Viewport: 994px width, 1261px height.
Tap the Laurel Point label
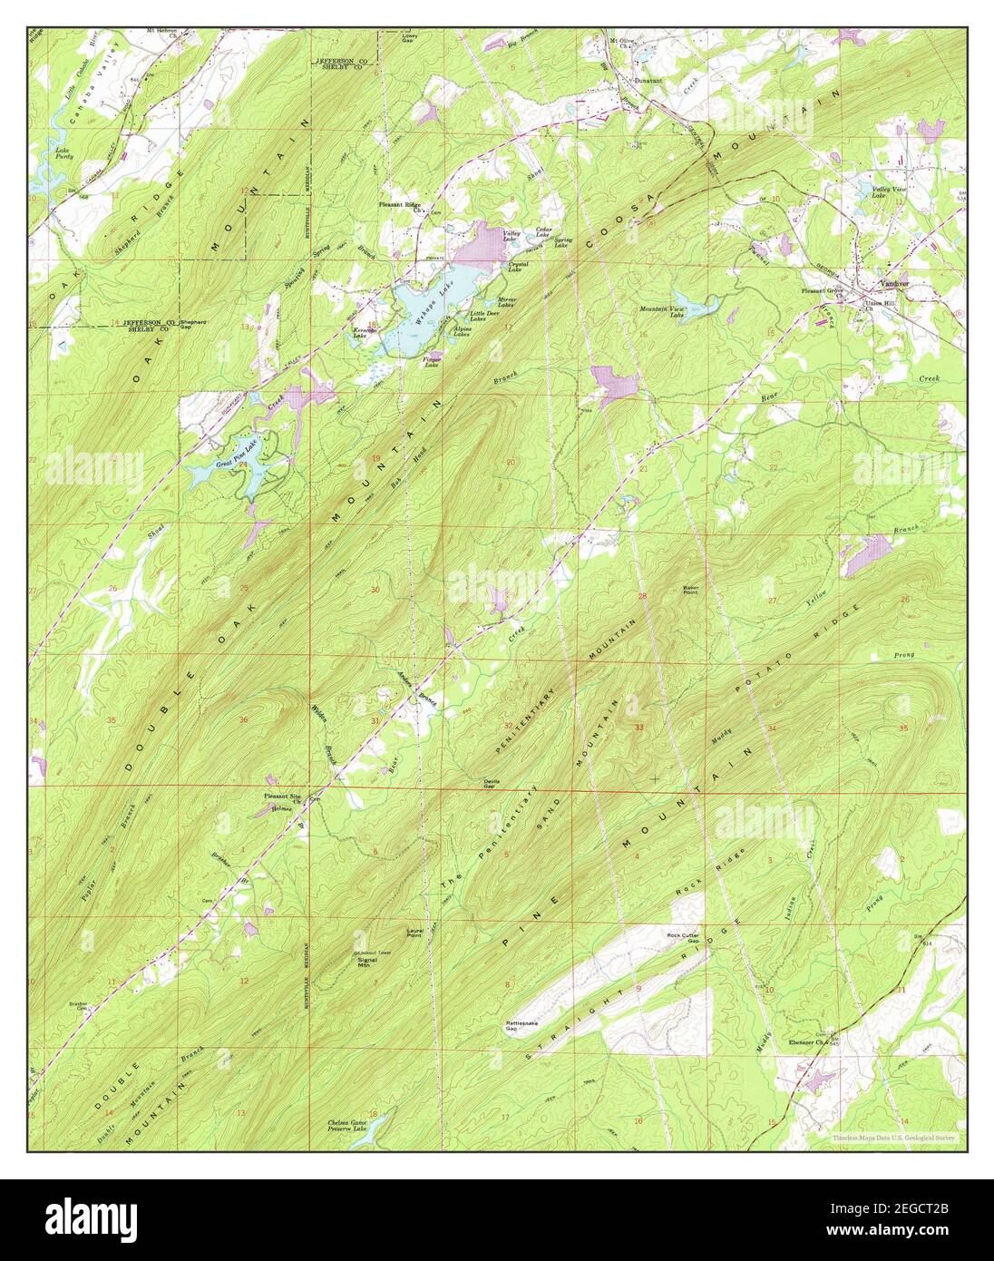[415, 934]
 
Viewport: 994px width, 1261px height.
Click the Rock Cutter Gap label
[685, 938]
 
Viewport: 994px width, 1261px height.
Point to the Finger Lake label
[433, 362]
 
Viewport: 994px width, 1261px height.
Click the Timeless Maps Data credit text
[894, 1137]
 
